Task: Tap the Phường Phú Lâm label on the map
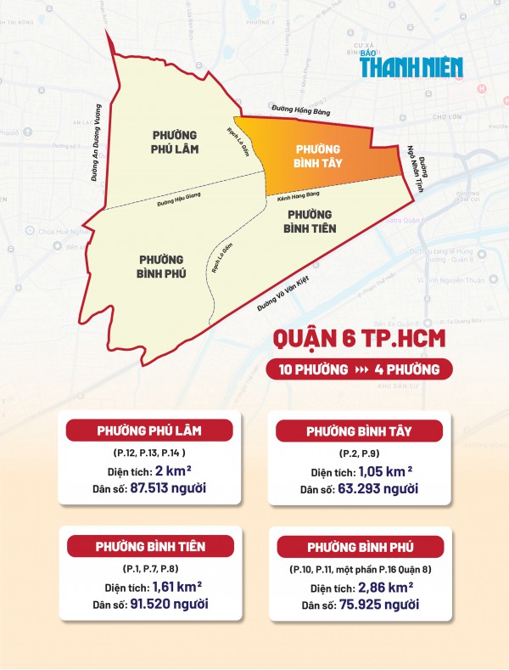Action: pyautogui.click(x=176, y=143)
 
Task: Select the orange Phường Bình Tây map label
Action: pyautogui.click(x=317, y=155)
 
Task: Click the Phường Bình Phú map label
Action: pyautogui.click(x=160, y=266)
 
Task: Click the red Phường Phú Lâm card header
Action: pyautogui.click(x=137, y=429)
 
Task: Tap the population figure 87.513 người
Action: pyautogui.click(x=161, y=487)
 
